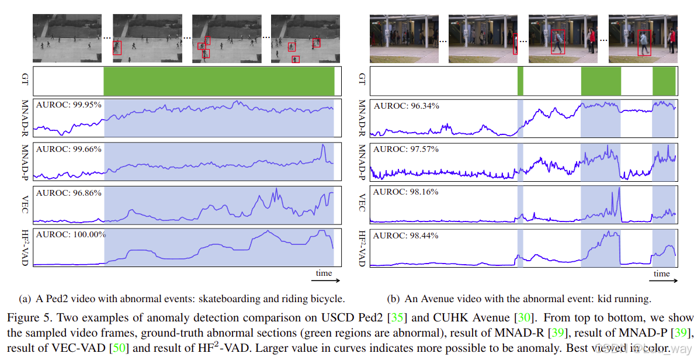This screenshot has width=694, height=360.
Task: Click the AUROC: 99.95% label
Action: pyautogui.click(x=68, y=105)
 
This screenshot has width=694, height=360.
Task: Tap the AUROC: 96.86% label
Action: pyautogui.click(x=68, y=192)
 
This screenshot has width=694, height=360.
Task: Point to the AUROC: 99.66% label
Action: pyautogui.click(x=68, y=149)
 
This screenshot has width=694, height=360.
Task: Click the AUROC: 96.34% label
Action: pyautogui.click(x=406, y=106)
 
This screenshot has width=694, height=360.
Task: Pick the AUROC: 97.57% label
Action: pyautogui.click(x=406, y=149)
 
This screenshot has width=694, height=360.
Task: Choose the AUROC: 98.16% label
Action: pyautogui.click(x=406, y=192)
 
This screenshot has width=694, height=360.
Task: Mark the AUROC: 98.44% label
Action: pyautogui.click(x=406, y=235)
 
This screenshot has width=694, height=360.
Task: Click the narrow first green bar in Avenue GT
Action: pyautogui.click(x=520, y=81)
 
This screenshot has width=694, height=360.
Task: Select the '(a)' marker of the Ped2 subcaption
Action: pyautogui.click(x=25, y=299)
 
